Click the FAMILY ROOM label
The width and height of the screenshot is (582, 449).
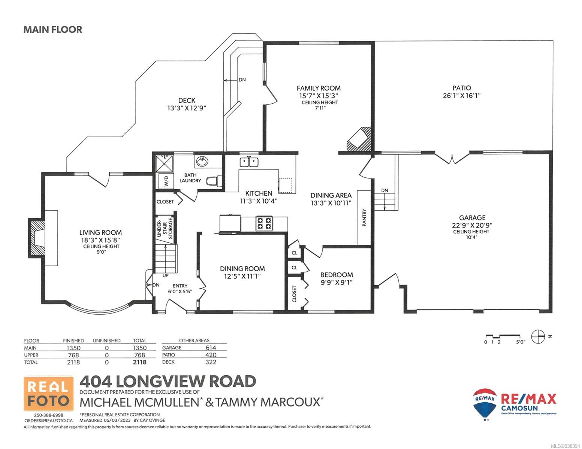click(x=319, y=88)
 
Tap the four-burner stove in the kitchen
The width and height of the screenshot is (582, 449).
click(x=264, y=223)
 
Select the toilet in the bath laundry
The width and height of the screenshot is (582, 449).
click(x=214, y=181)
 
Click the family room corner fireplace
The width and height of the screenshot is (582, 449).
click(x=359, y=139)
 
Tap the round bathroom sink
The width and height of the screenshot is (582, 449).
click(x=202, y=162)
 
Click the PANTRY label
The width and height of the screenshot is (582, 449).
click(x=364, y=218)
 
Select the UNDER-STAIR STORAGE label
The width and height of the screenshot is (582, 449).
click(x=165, y=229)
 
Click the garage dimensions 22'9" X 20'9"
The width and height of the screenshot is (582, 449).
click(x=472, y=225)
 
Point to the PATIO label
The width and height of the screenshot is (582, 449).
click(x=461, y=88)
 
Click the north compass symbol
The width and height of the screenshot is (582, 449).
click(x=538, y=336)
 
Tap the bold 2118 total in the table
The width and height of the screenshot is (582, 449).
click(x=139, y=362)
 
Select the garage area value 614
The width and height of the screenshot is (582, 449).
click(x=211, y=348)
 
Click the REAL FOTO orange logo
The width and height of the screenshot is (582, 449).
click(x=48, y=393)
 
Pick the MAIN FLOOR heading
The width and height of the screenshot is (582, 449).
click(x=53, y=30)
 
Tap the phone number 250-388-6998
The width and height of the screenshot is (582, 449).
click(x=48, y=415)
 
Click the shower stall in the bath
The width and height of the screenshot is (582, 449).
click(x=165, y=163)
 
